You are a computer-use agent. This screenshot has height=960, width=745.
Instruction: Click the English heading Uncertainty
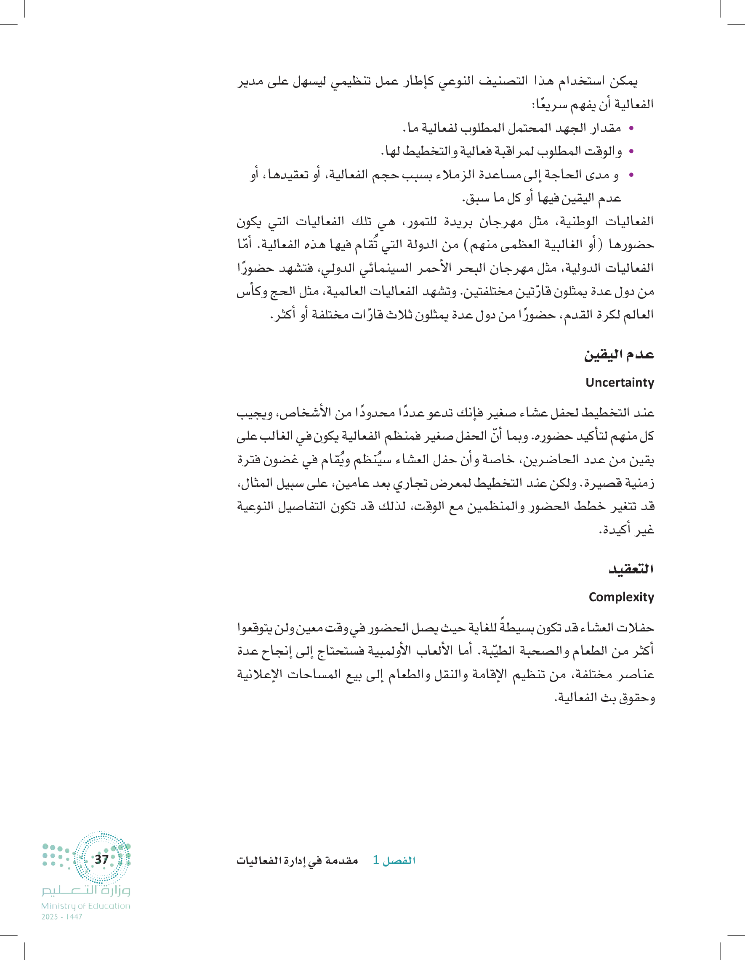(619, 382)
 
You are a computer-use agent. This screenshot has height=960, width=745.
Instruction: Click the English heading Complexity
(621, 597)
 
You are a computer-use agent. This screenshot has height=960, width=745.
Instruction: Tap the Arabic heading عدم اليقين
(619, 355)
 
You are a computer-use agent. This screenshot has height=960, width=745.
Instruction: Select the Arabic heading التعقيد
(631, 569)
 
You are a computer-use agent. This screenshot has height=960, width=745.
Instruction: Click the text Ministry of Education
(86, 905)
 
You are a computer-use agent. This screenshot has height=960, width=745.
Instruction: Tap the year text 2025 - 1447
(62, 917)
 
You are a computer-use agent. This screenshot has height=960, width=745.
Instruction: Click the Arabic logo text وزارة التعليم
(86, 890)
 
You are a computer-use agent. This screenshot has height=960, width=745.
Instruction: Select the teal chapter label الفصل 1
(394, 860)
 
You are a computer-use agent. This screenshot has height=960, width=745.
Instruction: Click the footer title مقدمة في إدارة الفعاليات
(297, 861)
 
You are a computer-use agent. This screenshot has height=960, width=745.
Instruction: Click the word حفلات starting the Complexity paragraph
(635, 628)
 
